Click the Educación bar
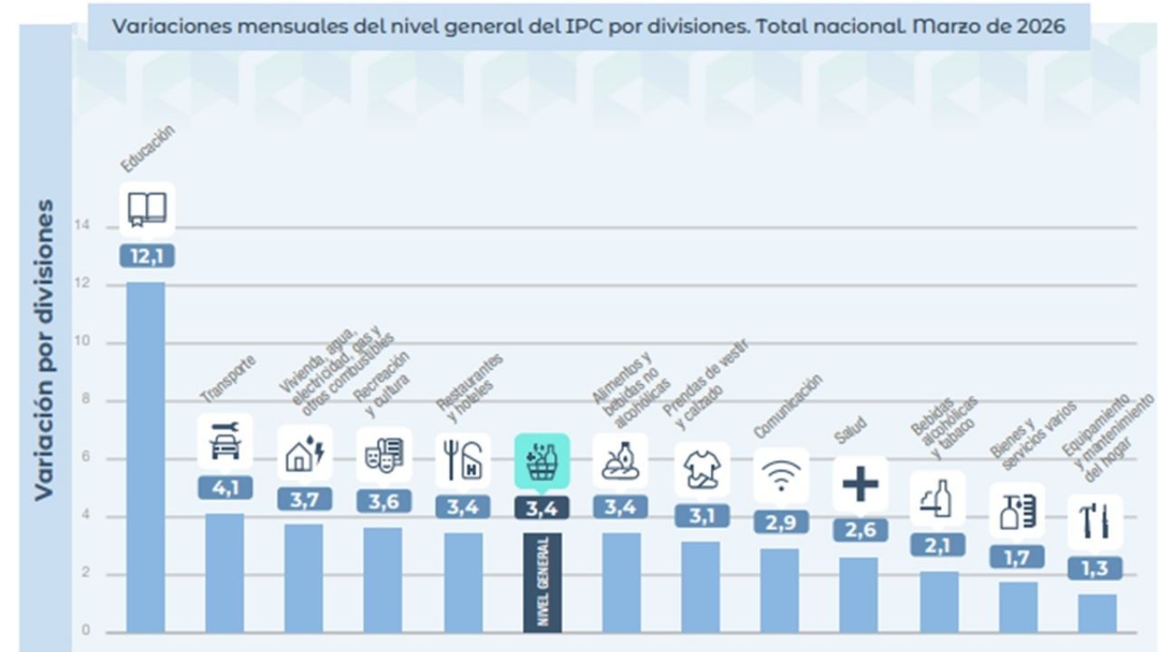(145, 457)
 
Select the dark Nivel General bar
(542, 582)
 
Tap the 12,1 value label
(146, 256)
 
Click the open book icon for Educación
(147, 209)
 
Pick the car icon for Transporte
(225, 442)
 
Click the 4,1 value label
(225, 487)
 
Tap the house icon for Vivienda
(304, 452)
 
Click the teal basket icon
(542, 461)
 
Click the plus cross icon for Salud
(860, 484)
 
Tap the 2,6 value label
(860, 530)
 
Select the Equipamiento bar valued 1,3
(1097, 613)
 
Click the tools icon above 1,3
(1095, 522)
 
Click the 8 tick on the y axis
(86, 400)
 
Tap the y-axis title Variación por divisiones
(43, 350)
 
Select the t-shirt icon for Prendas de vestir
(702, 469)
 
